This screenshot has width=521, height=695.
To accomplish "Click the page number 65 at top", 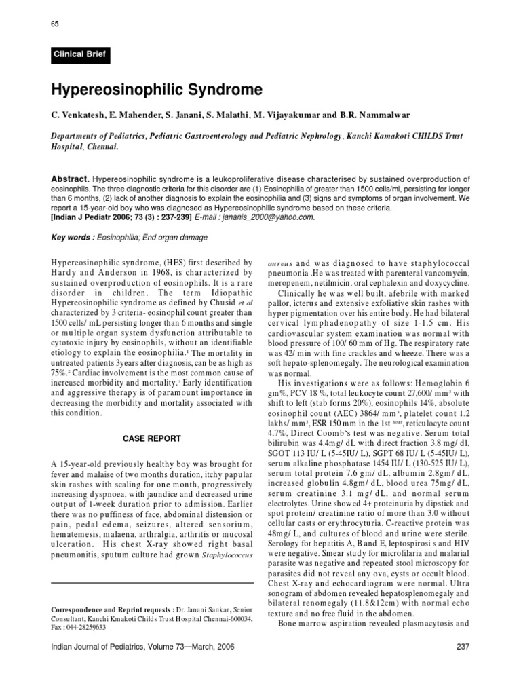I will tap(56, 24).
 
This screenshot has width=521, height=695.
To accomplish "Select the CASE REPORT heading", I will tap(152, 438).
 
